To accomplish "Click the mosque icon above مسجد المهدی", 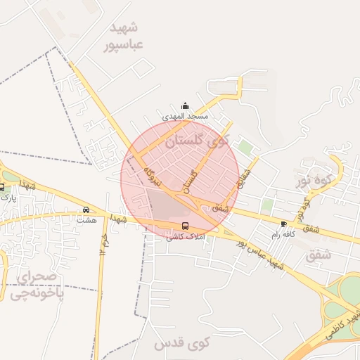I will click(x=185, y=105).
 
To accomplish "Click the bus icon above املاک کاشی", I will click(x=185, y=226).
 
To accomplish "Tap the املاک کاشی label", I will click(x=185, y=237).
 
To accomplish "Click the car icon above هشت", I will click(x=86, y=210).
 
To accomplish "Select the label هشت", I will click(x=86, y=220).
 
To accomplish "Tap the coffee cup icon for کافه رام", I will click(x=283, y=224).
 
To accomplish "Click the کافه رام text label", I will click(x=283, y=234).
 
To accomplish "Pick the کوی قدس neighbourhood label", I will click(x=182, y=344).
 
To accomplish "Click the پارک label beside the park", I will click(x=8, y=198).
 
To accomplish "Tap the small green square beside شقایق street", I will click(x=245, y=148).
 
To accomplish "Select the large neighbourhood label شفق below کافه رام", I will click(x=319, y=255).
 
